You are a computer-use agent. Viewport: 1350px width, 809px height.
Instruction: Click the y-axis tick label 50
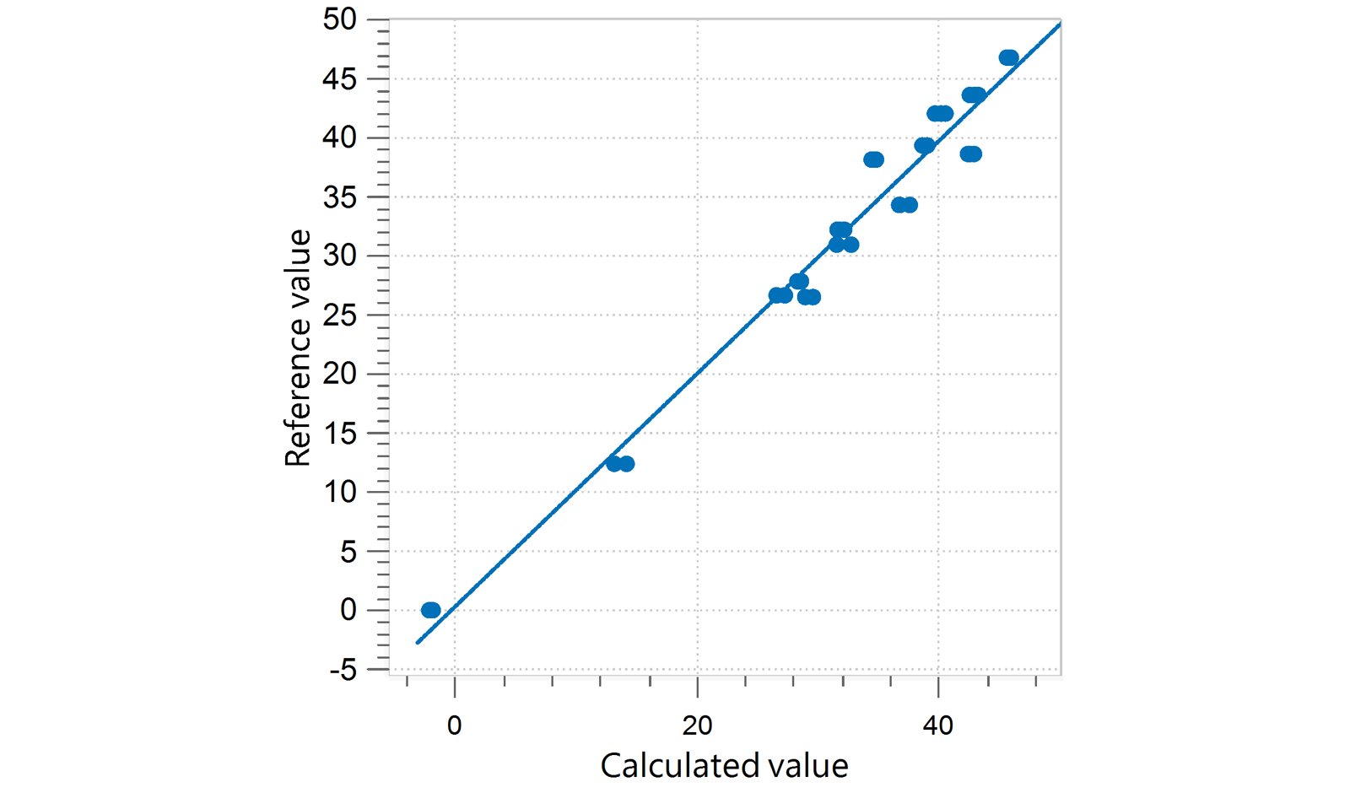click(x=339, y=19)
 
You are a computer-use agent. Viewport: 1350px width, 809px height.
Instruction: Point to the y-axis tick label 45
click(x=339, y=78)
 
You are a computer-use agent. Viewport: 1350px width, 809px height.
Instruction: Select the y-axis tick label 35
click(x=339, y=197)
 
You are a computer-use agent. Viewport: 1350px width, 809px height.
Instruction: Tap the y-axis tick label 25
click(x=339, y=315)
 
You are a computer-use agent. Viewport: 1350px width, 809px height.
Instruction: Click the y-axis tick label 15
click(x=339, y=433)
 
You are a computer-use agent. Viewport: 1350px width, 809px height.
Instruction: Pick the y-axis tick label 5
click(x=348, y=552)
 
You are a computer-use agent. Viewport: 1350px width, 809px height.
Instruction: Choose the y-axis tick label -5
click(x=343, y=671)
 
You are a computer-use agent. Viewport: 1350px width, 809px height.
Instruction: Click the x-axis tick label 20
click(x=697, y=725)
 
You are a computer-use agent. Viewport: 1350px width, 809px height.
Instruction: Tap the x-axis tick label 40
click(x=937, y=725)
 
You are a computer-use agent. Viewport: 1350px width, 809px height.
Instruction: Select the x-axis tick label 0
click(x=454, y=725)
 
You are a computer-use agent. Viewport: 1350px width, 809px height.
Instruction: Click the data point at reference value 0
click(x=430, y=610)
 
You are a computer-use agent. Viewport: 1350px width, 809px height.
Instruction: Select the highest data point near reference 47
click(x=1008, y=58)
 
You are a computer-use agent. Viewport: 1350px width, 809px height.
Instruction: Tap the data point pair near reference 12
click(x=620, y=464)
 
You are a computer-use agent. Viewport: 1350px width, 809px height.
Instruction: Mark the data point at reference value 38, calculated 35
click(x=873, y=159)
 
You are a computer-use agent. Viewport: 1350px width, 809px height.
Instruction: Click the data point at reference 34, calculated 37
click(x=904, y=205)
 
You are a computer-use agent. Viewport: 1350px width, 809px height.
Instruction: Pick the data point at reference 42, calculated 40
click(x=939, y=114)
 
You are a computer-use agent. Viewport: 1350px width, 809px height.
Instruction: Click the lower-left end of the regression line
click(x=418, y=643)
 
